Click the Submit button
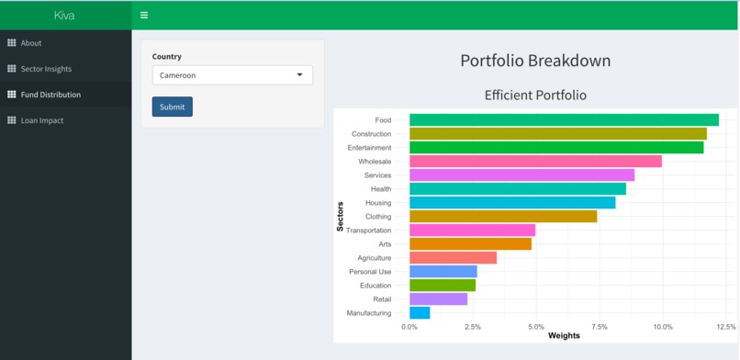pyautogui.click(x=172, y=107)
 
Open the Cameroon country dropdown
pyautogui.click(x=232, y=75)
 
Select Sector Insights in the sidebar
pyautogui.click(x=46, y=69)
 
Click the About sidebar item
pyautogui.click(x=31, y=43)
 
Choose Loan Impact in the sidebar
pyautogui.click(x=42, y=120)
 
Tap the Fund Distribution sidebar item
pyautogui.click(x=50, y=95)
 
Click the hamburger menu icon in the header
pyautogui.click(x=144, y=15)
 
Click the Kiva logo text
pyautogui.click(x=64, y=15)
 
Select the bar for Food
pyautogui.click(x=564, y=120)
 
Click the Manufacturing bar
pyautogui.click(x=420, y=313)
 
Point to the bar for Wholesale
pyautogui.click(x=535, y=162)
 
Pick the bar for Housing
pyautogui.click(x=512, y=203)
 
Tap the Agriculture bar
pyautogui.click(x=453, y=258)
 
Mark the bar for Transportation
pyautogui.click(x=472, y=231)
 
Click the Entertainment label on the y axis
pyautogui.click(x=369, y=148)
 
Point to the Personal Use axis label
pyautogui.click(x=370, y=272)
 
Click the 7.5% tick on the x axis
pyautogui.click(x=600, y=327)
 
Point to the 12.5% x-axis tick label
pyautogui.click(x=725, y=327)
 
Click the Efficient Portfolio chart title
pyautogui.click(x=535, y=95)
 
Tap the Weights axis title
pyautogui.click(x=564, y=336)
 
